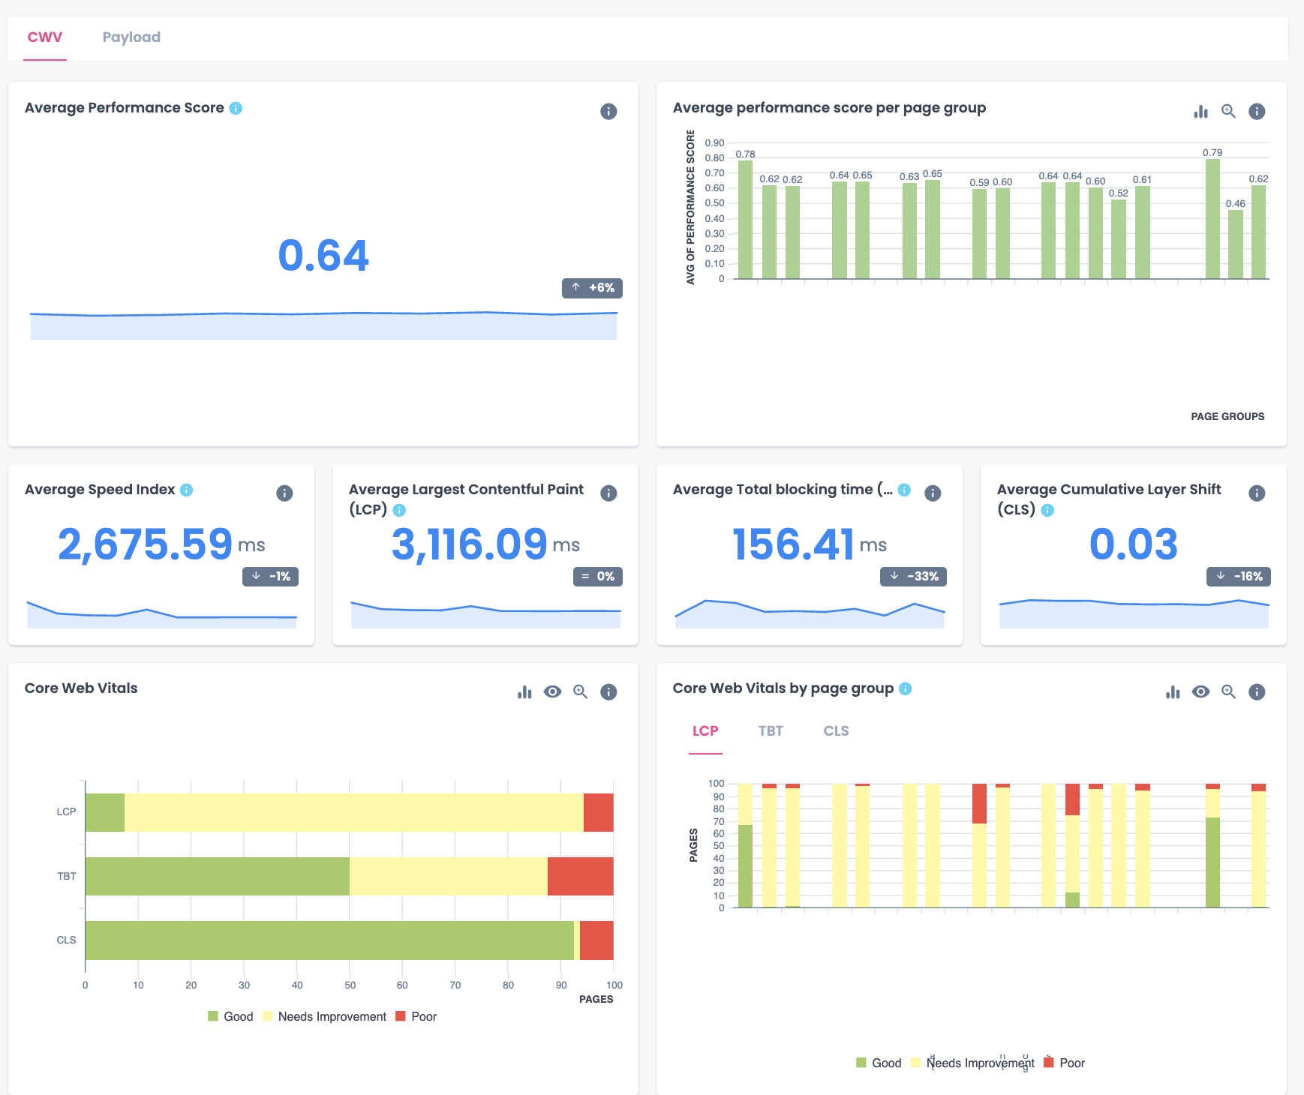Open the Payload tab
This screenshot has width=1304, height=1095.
coord(131,37)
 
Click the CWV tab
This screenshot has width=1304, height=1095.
coord(45,37)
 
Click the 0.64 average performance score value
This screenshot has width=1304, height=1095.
coord(323,256)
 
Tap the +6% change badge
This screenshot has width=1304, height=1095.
coord(592,288)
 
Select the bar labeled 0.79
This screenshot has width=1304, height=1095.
coord(1212,219)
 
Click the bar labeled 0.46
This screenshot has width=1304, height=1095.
coord(1236,244)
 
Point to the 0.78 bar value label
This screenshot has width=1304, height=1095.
coord(745,154)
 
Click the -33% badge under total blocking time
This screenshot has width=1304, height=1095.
coord(913,577)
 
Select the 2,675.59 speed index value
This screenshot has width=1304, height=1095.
coord(145,544)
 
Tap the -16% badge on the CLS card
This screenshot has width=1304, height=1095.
coord(1239,577)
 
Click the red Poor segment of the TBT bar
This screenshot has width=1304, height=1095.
coord(580,876)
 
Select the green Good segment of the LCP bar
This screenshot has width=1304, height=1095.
coord(104,812)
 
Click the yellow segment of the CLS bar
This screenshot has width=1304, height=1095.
coord(577,940)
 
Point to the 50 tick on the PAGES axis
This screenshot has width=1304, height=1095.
coord(350,985)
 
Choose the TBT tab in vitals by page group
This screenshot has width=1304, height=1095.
coord(771,731)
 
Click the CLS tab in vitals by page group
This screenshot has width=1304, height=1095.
coord(836,731)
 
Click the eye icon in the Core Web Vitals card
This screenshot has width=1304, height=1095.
coord(552,692)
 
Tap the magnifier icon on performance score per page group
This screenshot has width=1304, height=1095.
coord(1228,112)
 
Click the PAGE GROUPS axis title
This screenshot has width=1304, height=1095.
coord(1227,416)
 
